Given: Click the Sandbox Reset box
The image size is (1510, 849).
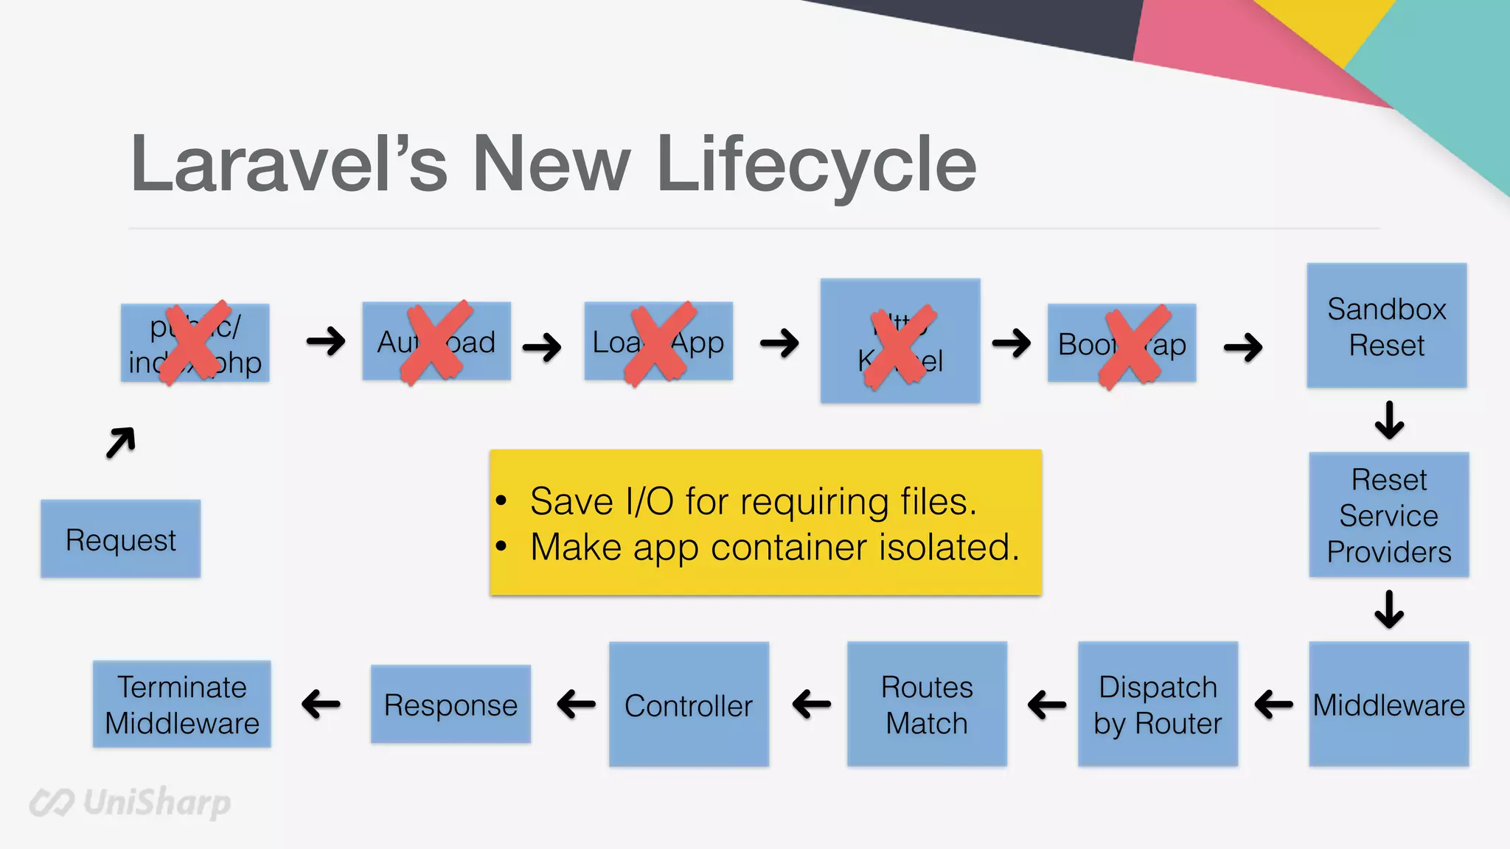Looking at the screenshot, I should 1386,326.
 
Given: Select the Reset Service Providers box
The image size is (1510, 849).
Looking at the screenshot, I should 1388,515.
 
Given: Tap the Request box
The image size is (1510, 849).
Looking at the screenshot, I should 120,539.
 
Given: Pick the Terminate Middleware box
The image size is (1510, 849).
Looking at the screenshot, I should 181,705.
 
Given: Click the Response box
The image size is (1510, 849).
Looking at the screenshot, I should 450,705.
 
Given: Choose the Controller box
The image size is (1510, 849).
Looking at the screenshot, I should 689,705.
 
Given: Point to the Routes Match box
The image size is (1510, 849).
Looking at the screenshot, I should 927,705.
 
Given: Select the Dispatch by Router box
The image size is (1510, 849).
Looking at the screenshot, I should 1158,705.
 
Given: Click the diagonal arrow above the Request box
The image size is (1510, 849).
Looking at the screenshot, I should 121,442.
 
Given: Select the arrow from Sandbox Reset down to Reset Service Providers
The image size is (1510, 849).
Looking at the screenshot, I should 1389,420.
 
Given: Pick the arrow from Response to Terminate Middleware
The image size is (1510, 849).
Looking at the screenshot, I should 321,704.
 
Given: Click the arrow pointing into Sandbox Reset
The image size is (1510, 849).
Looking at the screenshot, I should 1243,347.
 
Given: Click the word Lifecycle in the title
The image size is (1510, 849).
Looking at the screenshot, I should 815,165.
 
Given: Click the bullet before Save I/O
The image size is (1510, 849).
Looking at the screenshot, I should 502,501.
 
